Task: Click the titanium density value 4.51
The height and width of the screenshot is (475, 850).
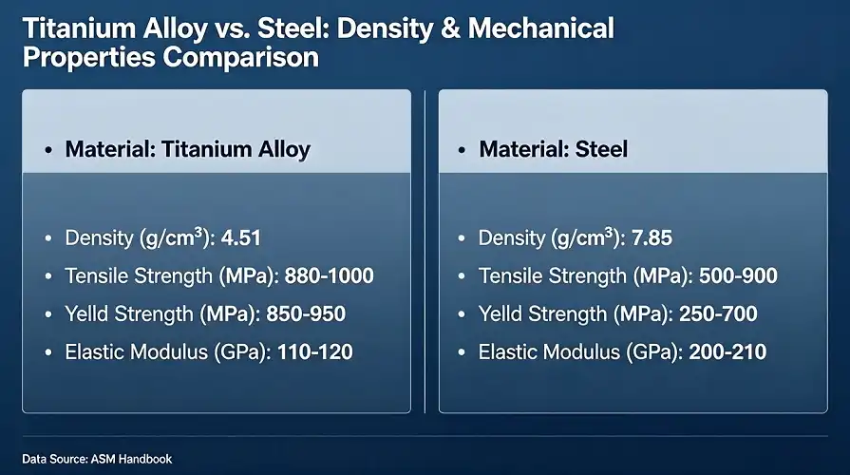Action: pyautogui.click(x=241, y=238)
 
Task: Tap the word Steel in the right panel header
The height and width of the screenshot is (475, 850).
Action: pyautogui.click(x=600, y=150)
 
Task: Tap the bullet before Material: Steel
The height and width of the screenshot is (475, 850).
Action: pyautogui.click(x=462, y=151)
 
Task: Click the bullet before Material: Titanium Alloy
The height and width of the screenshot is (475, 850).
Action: pyautogui.click(x=47, y=151)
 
